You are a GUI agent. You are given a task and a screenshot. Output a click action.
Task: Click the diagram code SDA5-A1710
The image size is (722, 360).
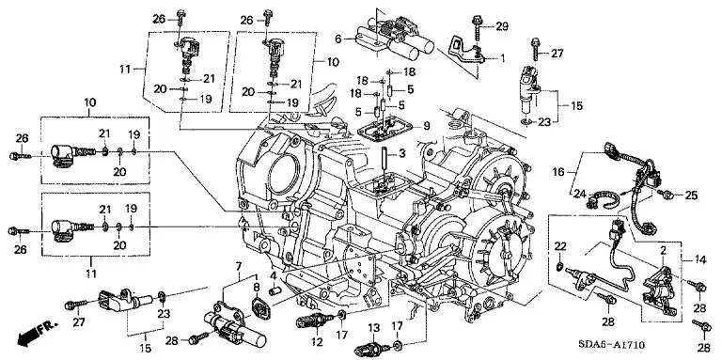pyautogui.click(x=611, y=345)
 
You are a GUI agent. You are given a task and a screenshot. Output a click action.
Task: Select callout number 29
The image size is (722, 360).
pyautogui.click(x=502, y=26)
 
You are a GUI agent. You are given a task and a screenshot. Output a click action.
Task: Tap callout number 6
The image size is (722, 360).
pyautogui.click(x=338, y=39)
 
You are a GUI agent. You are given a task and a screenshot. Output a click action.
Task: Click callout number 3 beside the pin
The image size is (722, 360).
pyautogui.click(x=401, y=153)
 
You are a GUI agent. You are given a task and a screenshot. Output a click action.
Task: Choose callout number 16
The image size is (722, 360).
pyautogui.click(x=558, y=172)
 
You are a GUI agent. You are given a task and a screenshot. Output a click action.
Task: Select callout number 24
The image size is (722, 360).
pyautogui.click(x=579, y=194)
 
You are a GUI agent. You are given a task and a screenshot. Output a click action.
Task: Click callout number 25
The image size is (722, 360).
pyautogui.click(x=691, y=196)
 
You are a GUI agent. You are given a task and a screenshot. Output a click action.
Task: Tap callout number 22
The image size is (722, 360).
pyautogui.click(x=559, y=246)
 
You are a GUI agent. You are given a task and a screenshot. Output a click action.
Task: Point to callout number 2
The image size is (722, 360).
pyautogui.click(x=663, y=251)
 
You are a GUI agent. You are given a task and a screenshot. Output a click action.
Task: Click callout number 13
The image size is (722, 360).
pyautogui.click(x=374, y=328)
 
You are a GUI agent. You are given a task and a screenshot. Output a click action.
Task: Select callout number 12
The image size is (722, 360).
pyautogui.click(x=317, y=342)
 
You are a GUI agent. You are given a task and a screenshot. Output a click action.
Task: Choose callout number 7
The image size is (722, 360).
pyautogui.click(x=238, y=266)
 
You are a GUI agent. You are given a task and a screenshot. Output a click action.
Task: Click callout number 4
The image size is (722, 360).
pyautogui.click(x=273, y=276)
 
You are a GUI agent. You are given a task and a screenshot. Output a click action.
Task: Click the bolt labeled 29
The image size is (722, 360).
pyautogui.click(x=476, y=28)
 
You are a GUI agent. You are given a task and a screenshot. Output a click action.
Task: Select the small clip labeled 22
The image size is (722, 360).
pyautogui.click(x=559, y=266)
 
